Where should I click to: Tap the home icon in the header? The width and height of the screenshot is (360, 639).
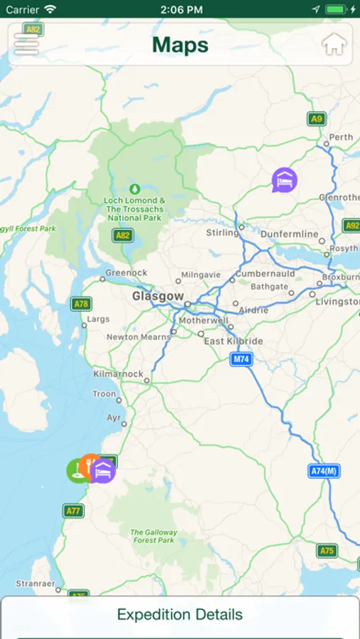point(334,44)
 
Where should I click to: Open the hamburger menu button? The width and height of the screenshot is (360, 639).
point(26,44)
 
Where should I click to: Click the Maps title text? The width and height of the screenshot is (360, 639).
point(180,45)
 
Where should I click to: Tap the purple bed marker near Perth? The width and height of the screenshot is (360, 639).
point(285,180)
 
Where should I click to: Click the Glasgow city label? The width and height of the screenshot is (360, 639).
point(158,296)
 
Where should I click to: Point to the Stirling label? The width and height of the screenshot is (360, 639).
point(222,232)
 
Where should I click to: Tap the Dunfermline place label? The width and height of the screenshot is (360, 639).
point(290,234)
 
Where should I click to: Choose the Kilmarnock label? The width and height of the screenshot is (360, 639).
point(118,373)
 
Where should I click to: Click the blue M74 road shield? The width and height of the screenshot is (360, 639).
point(241,359)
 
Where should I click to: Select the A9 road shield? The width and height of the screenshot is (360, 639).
point(317,119)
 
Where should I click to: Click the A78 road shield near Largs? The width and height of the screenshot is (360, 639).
point(82,304)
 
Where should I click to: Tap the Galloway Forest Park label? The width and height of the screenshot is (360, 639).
point(153,536)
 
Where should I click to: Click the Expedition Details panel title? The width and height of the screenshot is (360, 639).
point(180,615)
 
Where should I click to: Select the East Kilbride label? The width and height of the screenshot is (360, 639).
point(233,341)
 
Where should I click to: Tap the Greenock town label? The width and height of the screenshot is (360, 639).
point(126,273)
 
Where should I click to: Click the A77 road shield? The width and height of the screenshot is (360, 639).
point(73,510)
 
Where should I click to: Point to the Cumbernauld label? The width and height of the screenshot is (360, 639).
point(264,273)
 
